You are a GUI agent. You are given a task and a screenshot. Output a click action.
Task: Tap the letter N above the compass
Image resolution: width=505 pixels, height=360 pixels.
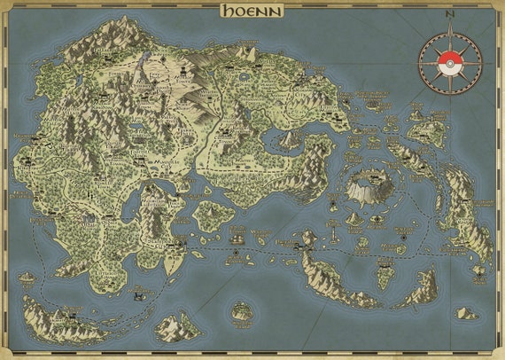coord(450,15)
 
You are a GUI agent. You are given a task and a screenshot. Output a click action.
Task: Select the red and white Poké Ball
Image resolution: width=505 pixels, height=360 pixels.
coord(450,61)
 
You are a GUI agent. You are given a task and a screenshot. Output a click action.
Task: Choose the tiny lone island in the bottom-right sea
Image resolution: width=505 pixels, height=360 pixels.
coord(465,313)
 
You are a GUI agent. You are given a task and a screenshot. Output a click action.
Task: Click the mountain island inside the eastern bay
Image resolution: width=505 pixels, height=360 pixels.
coord(289,138)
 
